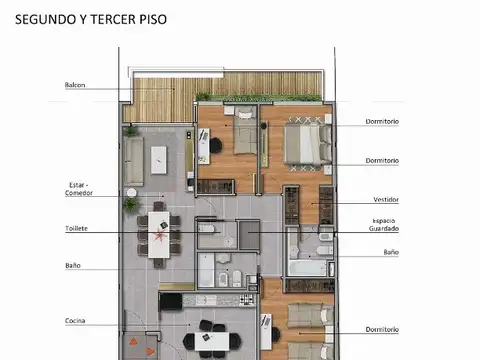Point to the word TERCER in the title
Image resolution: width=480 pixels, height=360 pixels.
click(111, 19)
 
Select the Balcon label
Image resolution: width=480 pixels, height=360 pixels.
click(75, 85)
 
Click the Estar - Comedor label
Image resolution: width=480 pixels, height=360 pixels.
click(78, 189)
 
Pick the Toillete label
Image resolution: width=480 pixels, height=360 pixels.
click(76, 228)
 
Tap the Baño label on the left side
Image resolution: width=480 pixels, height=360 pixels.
click(73, 266)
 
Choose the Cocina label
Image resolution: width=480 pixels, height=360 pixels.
click(75, 320)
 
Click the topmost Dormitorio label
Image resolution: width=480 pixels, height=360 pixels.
click(382, 122)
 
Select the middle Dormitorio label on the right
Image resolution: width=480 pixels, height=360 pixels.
click(382, 160)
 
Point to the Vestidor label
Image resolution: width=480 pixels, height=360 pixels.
click(386, 198)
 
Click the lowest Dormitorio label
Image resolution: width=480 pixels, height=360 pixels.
click(382, 329)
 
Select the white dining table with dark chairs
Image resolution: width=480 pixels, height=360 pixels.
click(160, 231)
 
